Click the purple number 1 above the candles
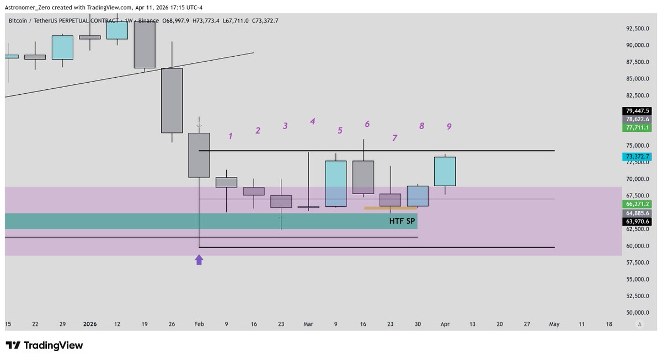pos(231,135)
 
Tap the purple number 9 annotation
pos(449,126)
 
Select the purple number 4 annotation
pos(312,121)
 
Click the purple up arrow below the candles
pos(199,259)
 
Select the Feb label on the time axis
pos(199,324)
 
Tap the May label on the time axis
pos(554,324)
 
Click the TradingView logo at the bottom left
pos(44,346)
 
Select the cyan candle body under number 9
pos(445,171)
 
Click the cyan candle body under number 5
pos(336,184)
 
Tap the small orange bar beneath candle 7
pos(390,208)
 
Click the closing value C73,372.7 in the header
pos(265,21)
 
